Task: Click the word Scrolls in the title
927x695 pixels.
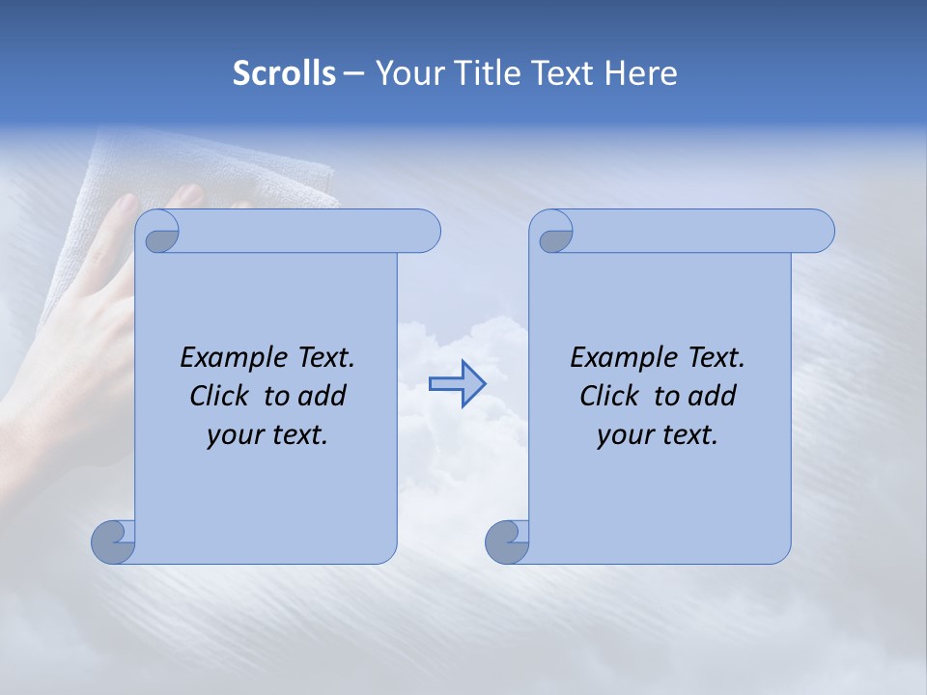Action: tap(284, 73)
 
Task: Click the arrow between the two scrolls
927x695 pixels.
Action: tap(457, 384)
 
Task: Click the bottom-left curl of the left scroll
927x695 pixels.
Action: tap(112, 542)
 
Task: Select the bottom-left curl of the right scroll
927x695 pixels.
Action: tap(506, 542)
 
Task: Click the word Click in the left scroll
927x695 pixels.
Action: tap(223, 396)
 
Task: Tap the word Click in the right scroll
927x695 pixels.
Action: tap(613, 396)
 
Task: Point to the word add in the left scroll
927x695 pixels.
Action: tap(322, 396)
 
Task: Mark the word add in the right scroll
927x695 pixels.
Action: tap(712, 396)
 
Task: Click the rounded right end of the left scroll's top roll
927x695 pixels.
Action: tap(425, 232)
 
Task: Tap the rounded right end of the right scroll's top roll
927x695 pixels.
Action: tap(819, 232)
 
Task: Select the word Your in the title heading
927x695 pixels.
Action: tap(406, 73)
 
